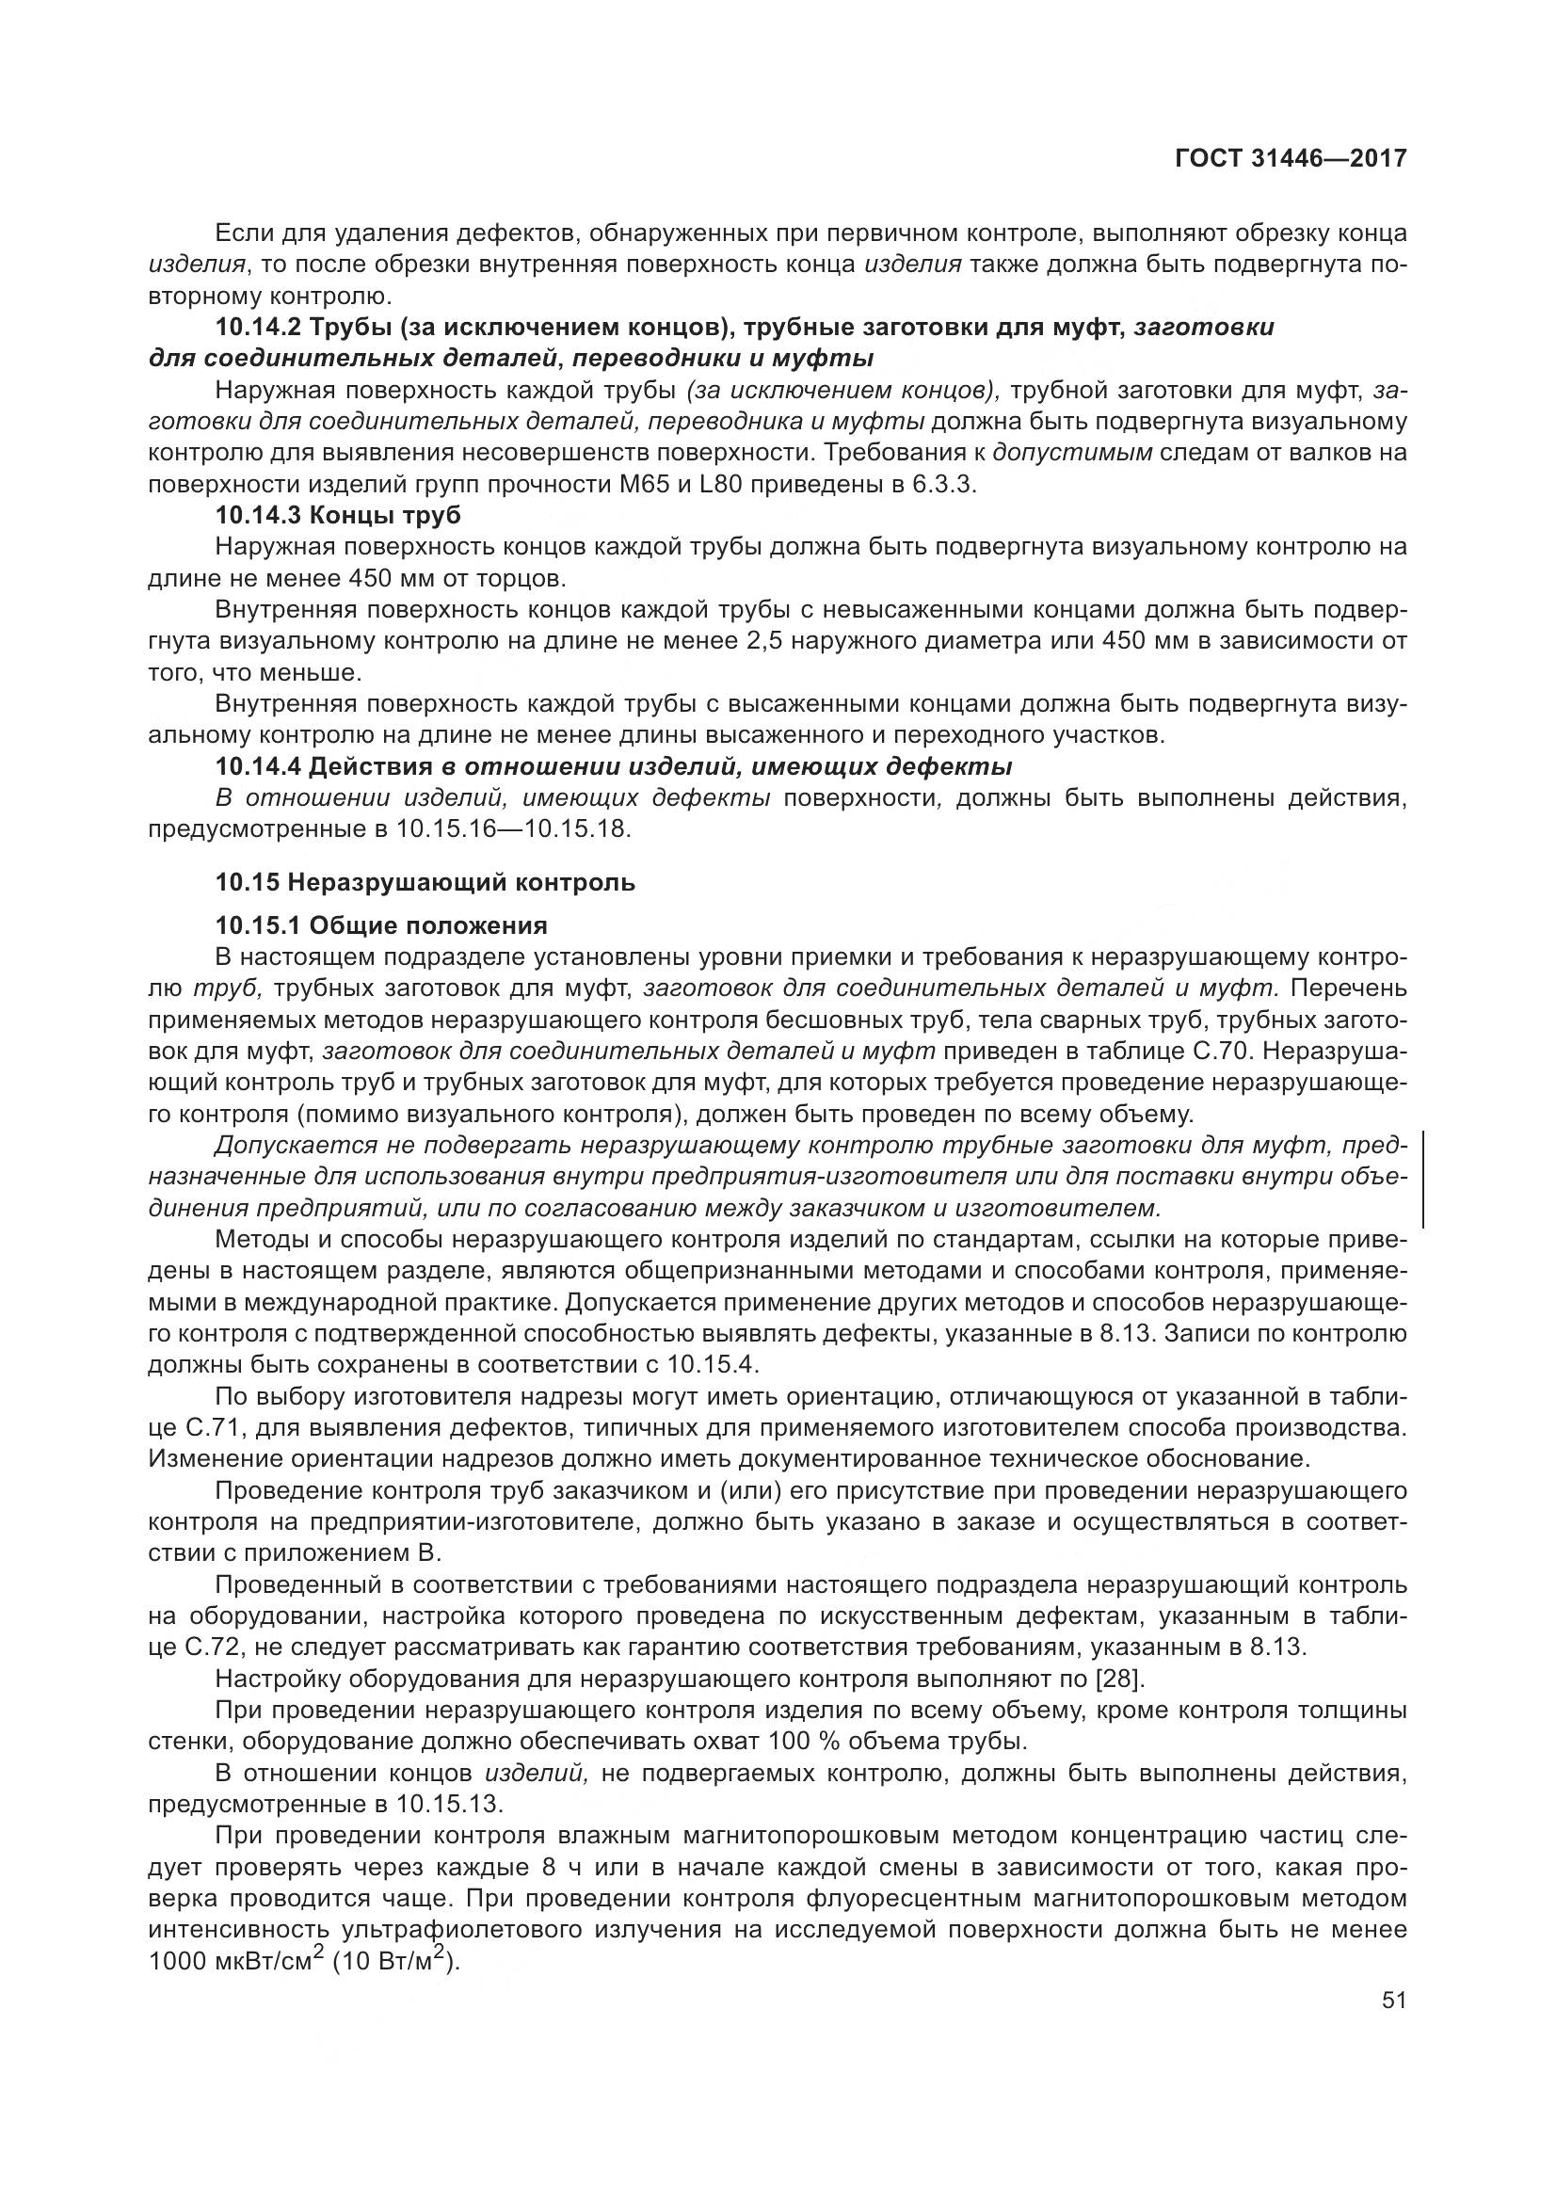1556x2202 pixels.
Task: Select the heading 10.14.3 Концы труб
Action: [x=338, y=516]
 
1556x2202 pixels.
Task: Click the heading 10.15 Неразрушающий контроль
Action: [x=425, y=882]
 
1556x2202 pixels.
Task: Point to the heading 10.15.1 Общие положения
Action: [x=380, y=925]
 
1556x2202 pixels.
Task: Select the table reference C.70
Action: [x=1221, y=1052]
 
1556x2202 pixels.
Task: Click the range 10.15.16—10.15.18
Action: [x=513, y=828]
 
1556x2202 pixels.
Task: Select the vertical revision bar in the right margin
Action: [x=1423, y=1179]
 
